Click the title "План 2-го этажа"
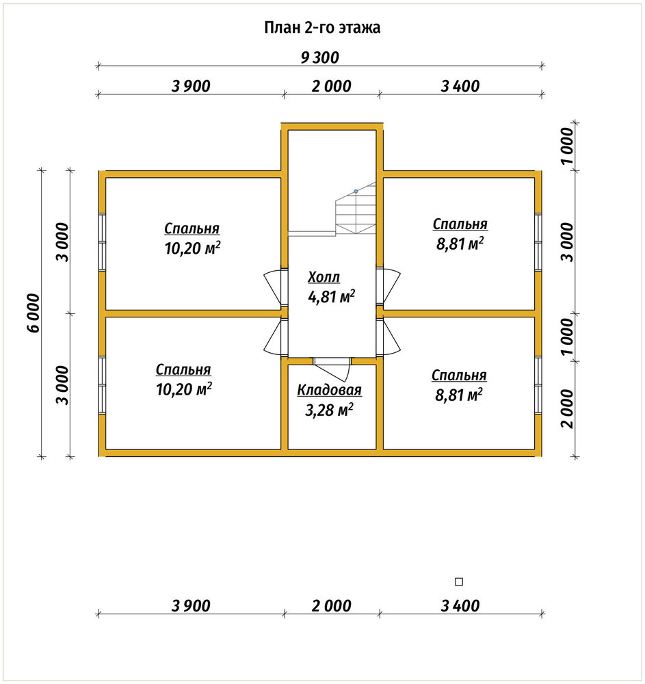click(x=322, y=27)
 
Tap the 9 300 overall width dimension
click(x=319, y=57)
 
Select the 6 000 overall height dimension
click(x=34, y=313)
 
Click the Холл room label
click(x=324, y=277)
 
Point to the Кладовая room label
click(x=329, y=390)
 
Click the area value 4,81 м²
click(x=332, y=297)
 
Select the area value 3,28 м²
click(x=329, y=410)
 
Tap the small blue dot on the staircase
click(x=356, y=192)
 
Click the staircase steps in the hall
click(x=356, y=209)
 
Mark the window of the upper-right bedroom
click(x=538, y=242)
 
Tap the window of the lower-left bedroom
click(x=102, y=385)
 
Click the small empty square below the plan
click(x=459, y=581)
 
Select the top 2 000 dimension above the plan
click(x=332, y=86)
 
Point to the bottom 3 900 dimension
click(x=191, y=606)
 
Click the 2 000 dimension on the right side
click(x=568, y=409)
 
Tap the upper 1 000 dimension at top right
click(x=568, y=146)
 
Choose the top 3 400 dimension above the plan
click(x=460, y=86)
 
